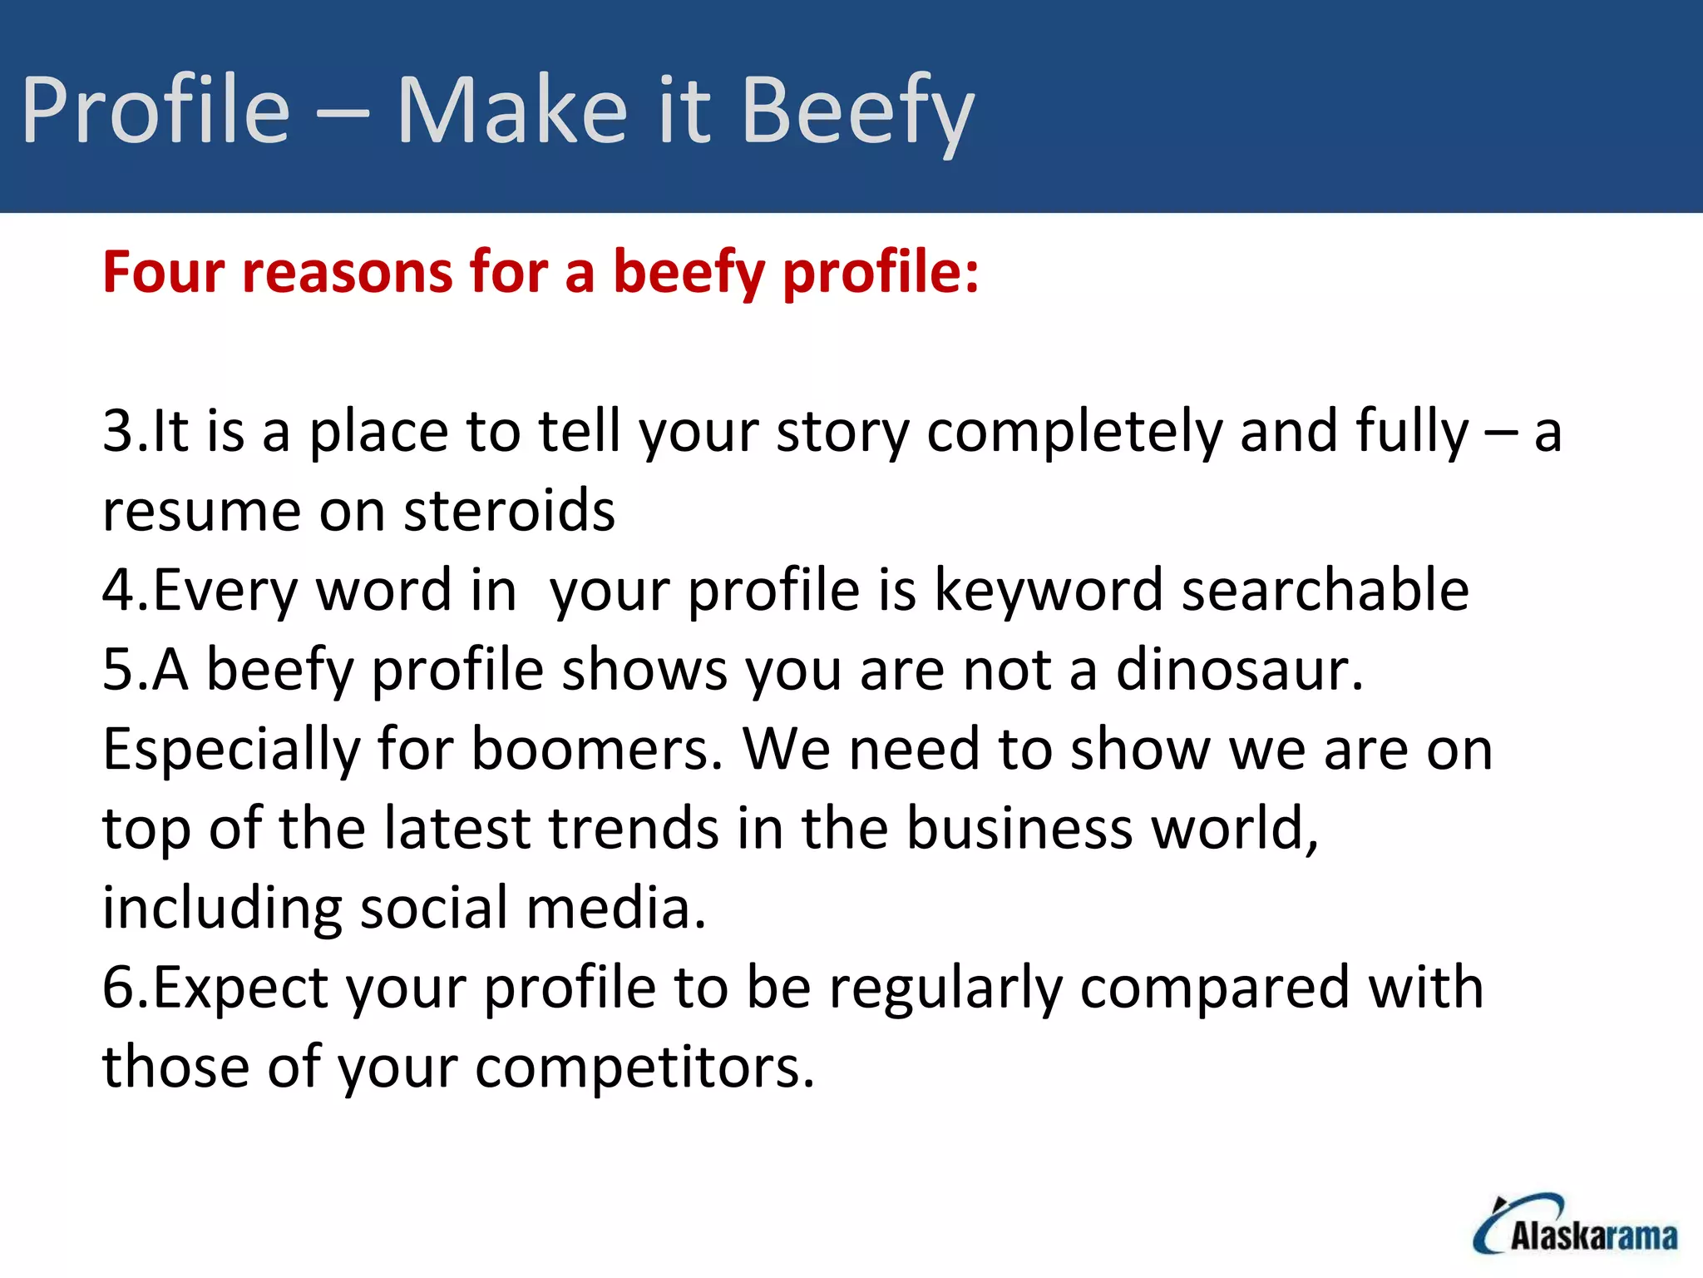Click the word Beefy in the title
856,111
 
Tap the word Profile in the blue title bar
155,111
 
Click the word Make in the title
511,111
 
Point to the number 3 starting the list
117,432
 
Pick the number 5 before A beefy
117,670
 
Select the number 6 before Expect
117,988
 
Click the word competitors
644,1067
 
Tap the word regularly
945,988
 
